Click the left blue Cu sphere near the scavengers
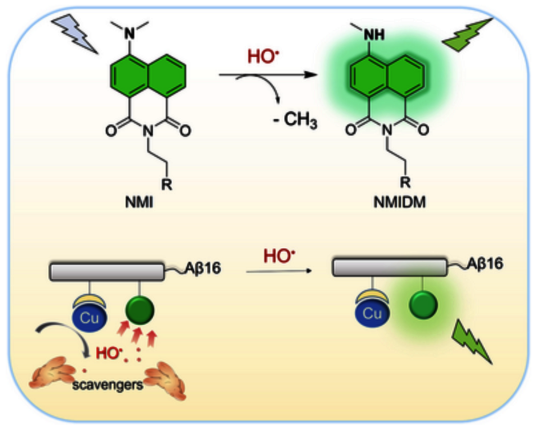89,315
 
